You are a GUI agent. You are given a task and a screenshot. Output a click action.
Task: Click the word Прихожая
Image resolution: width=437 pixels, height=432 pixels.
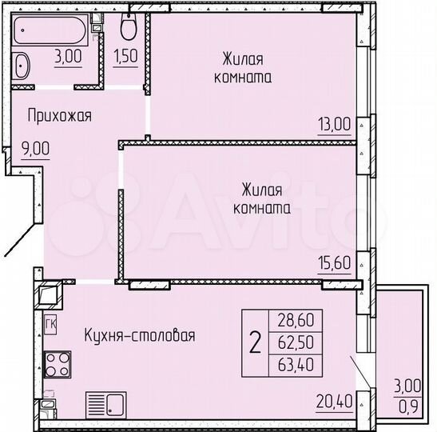click(59, 116)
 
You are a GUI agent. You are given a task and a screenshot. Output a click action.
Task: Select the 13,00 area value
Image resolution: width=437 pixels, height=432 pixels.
click(334, 124)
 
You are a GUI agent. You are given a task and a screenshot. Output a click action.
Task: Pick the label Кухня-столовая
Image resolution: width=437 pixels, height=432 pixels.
click(140, 335)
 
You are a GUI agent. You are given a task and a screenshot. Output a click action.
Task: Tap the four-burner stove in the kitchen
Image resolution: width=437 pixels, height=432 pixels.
click(57, 365)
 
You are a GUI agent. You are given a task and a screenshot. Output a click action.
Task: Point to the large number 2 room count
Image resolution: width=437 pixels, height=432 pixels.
click(255, 345)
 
